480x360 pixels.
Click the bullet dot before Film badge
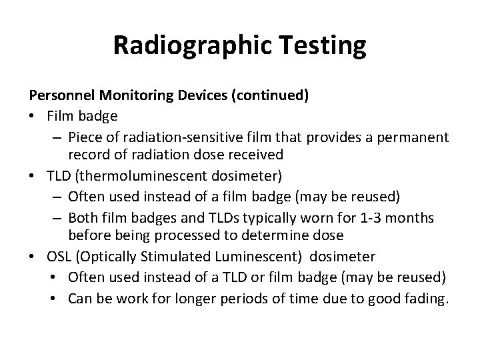coord(33,116)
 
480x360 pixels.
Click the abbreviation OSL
coord(59,257)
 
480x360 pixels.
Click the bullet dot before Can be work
coord(55,297)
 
